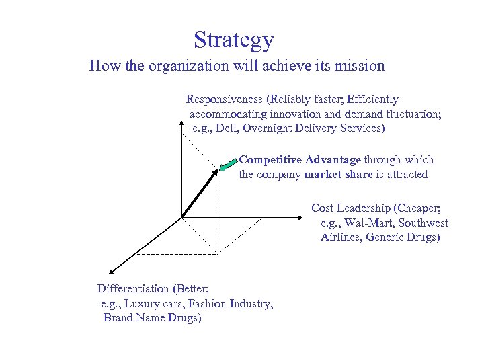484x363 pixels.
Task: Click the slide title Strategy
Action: click(234, 40)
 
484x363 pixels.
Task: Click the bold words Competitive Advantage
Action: click(300, 160)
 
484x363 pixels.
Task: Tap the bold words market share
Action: click(338, 175)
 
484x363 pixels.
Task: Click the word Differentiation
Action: click(133, 289)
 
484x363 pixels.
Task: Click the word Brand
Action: click(118, 318)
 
